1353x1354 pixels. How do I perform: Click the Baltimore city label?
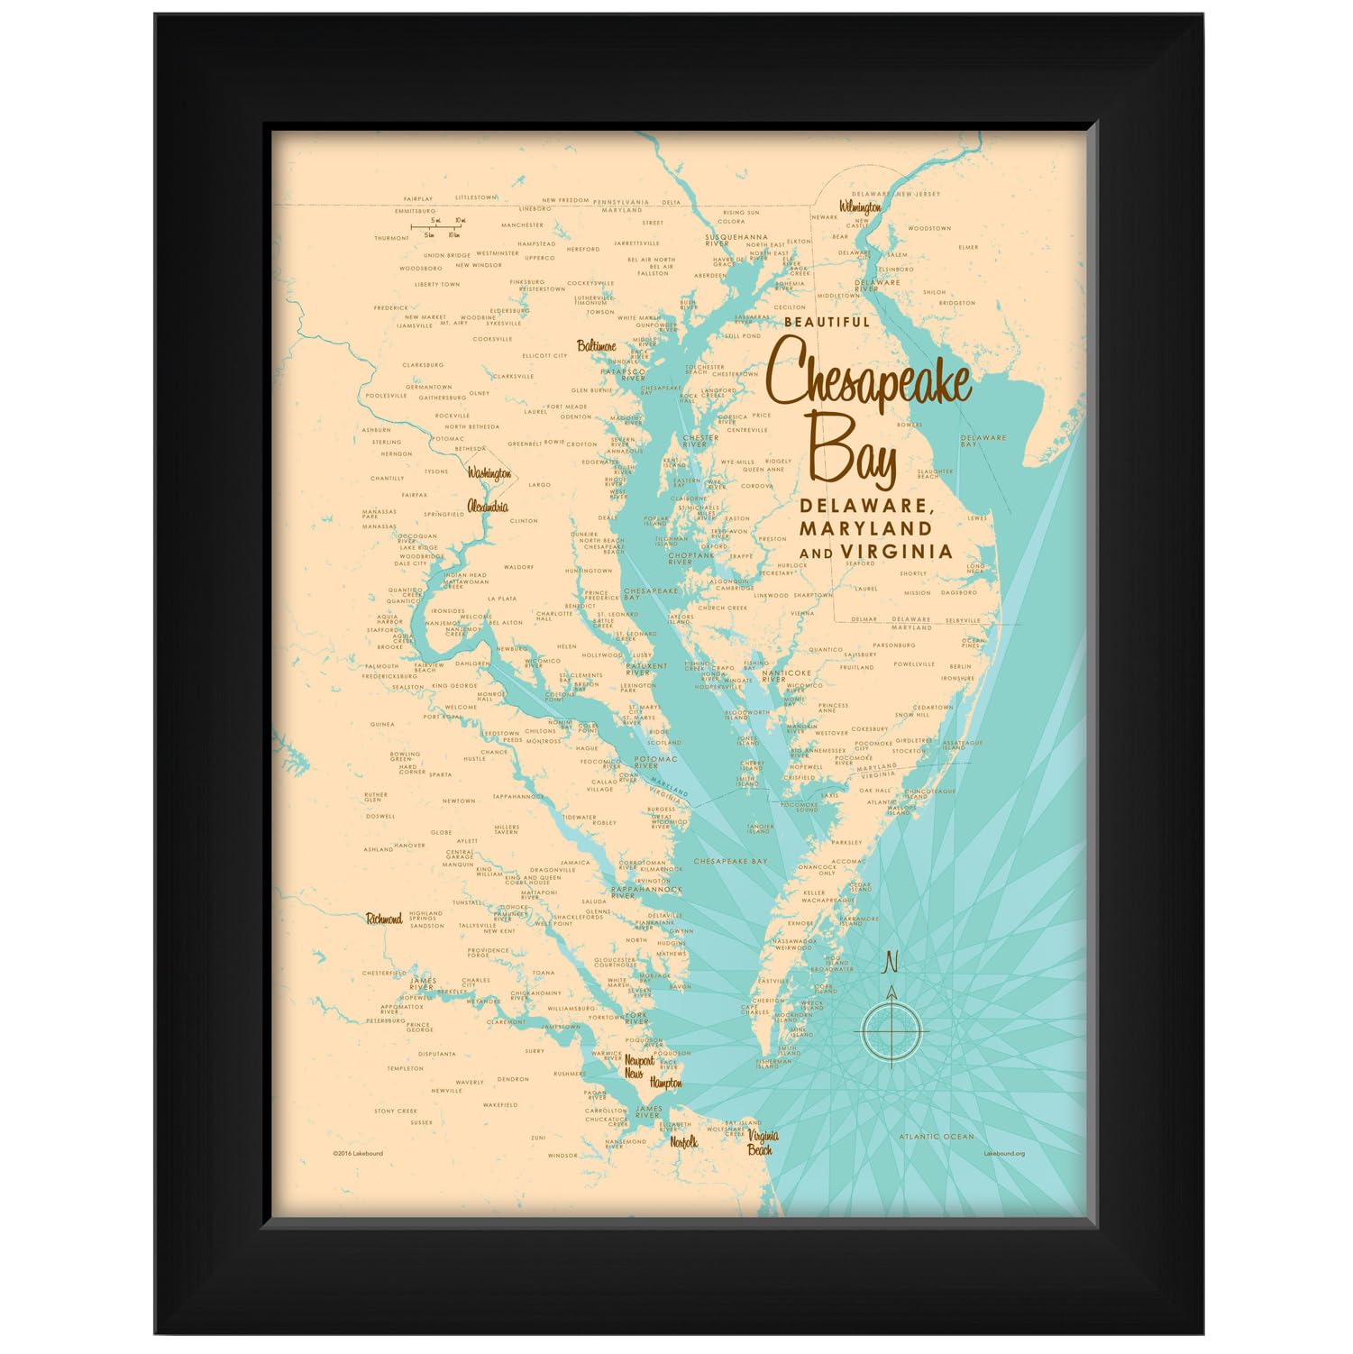point(597,346)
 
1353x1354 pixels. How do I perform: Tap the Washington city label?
point(489,473)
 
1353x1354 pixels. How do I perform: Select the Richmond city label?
point(384,919)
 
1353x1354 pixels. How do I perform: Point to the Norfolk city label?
point(683,1142)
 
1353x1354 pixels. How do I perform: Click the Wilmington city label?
point(860,206)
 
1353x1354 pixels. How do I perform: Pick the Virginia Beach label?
point(762,1143)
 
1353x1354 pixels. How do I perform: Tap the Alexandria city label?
point(488,507)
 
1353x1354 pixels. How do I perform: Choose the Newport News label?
point(639,1067)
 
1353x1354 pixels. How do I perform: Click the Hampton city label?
point(666,1083)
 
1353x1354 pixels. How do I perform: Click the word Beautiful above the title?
point(827,322)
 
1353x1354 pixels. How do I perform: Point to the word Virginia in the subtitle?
point(896,551)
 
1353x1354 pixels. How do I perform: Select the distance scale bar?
point(438,227)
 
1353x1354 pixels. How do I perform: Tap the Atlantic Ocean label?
point(937,1137)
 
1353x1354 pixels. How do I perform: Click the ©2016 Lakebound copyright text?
point(357,1153)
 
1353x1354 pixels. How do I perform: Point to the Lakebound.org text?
point(1004,1153)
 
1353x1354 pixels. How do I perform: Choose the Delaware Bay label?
point(983,441)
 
